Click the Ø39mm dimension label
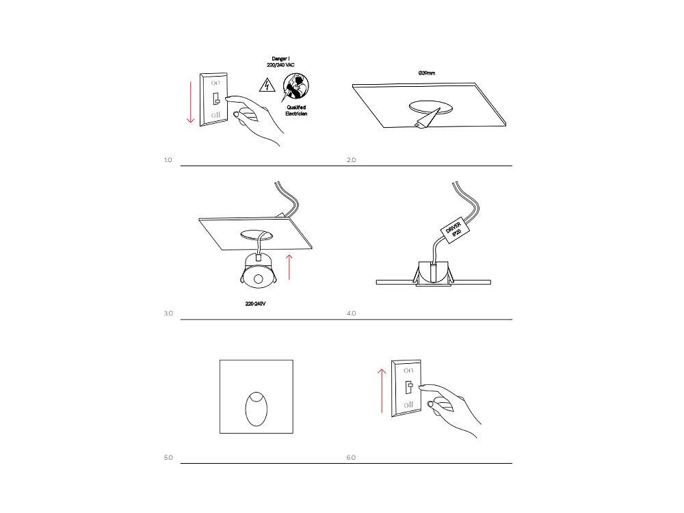(427, 72)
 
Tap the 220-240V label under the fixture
(255, 302)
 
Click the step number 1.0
(168, 160)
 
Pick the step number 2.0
(352, 160)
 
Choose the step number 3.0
(168, 313)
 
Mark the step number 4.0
(352, 313)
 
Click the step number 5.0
(168, 457)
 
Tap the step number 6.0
(352, 457)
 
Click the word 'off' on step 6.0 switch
(408, 406)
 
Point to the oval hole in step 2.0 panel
(430, 107)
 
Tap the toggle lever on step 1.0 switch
(215, 98)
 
